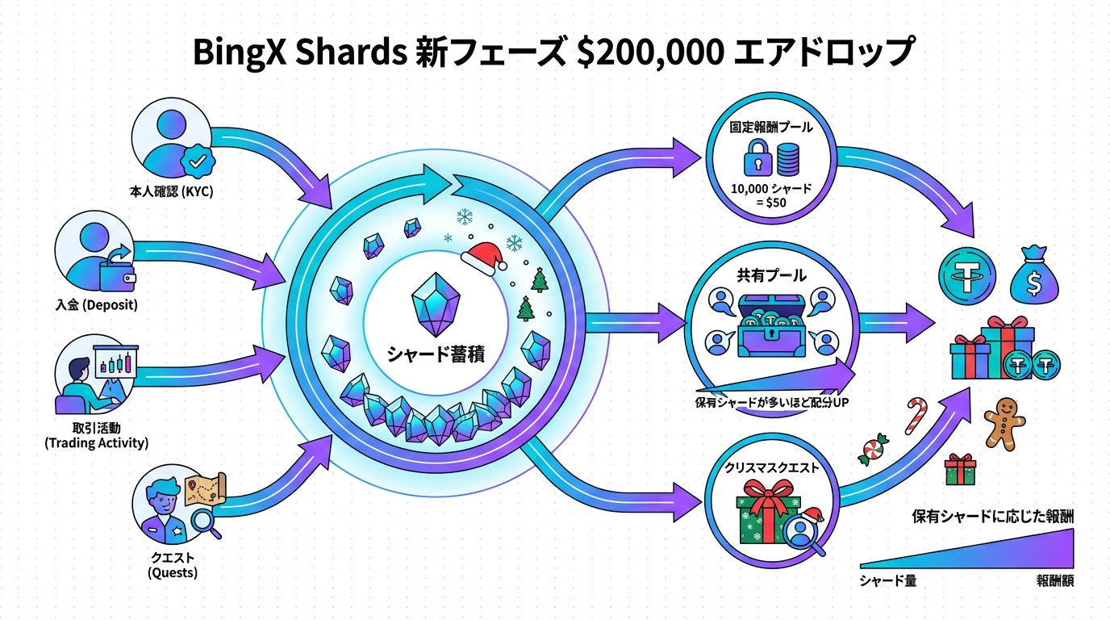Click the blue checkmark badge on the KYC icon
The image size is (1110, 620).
[x=197, y=161]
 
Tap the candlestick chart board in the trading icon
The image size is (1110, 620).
[x=113, y=362]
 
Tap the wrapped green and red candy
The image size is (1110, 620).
[x=873, y=448]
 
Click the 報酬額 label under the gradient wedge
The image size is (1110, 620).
[x=1054, y=581]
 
